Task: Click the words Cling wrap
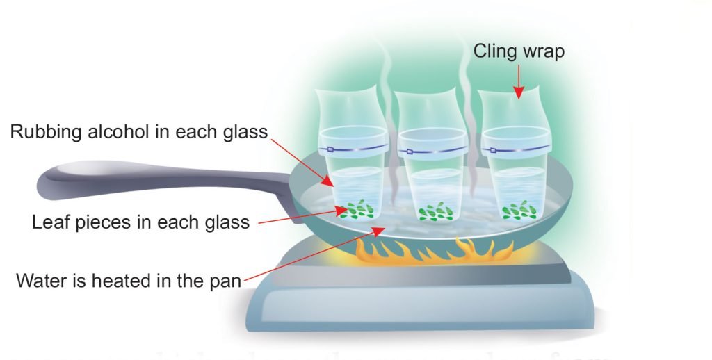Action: pos(519,51)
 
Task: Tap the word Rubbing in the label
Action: pos(45,132)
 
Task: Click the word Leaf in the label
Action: pos(50,222)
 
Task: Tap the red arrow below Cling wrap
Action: pos(519,82)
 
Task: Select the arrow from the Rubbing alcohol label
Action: pos(302,162)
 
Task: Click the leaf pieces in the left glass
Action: pos(357,210)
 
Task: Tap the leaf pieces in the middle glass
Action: pos(436,211)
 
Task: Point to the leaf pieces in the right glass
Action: pos(519,210)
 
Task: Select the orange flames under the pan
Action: pos(435,252)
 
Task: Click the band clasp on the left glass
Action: pos(330,149)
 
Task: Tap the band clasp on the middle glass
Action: pos(409,152)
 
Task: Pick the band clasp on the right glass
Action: pos(493,150)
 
